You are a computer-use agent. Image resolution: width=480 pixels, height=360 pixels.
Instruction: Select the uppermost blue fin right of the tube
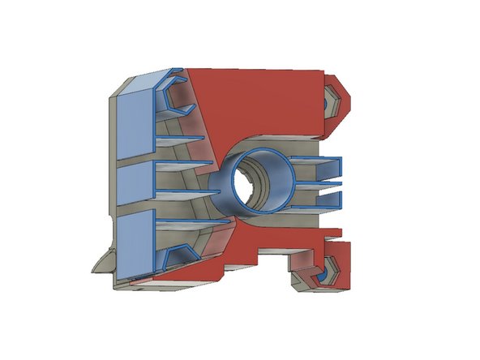coord(316,161)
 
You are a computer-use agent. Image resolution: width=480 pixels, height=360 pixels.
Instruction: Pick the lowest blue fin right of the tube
coord(312,204)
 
